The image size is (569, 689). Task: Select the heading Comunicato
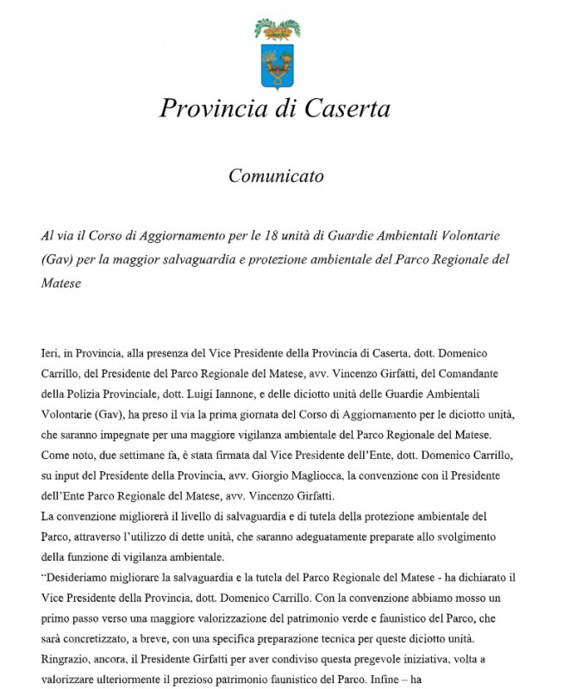pyautogui.click(x=276, y=177)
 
